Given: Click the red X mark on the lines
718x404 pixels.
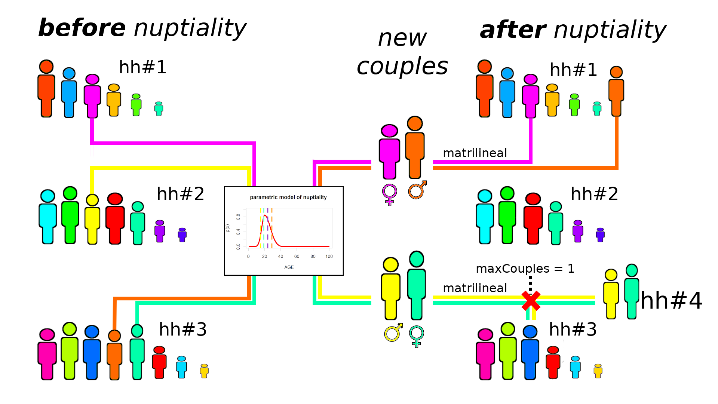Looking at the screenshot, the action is [x=531, y=301].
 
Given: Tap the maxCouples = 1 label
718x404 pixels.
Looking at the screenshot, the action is [x=525, y=269].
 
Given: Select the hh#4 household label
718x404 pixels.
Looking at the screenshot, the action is [x=671, y=301].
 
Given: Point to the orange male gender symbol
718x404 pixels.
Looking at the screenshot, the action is [x=417, y=190].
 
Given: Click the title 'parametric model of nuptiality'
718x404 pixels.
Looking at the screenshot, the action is [x=288, y=197].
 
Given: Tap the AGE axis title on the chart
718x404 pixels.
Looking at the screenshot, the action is [x=289, y=267].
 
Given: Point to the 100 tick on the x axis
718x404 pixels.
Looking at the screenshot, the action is [x=329, y=256].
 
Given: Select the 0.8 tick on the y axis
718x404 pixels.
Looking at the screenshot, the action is [x=238, y=217].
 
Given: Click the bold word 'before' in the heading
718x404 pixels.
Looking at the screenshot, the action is [x=82, y=28].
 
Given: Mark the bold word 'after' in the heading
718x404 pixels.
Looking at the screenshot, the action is [x=513, y=30].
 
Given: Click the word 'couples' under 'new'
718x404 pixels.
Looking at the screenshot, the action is [x=402, y=67].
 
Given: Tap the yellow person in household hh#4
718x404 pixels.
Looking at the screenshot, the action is [x=611, y=294].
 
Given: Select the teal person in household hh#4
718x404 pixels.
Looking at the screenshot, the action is [x=632, y=291].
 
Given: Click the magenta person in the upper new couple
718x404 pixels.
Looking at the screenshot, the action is [x=389, y=151].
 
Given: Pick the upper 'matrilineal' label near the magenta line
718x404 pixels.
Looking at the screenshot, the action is [x=475, y=153].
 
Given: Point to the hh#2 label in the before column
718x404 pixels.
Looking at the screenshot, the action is [x=180, y=194].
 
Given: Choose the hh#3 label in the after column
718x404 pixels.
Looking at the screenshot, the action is [x=573, y=330].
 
